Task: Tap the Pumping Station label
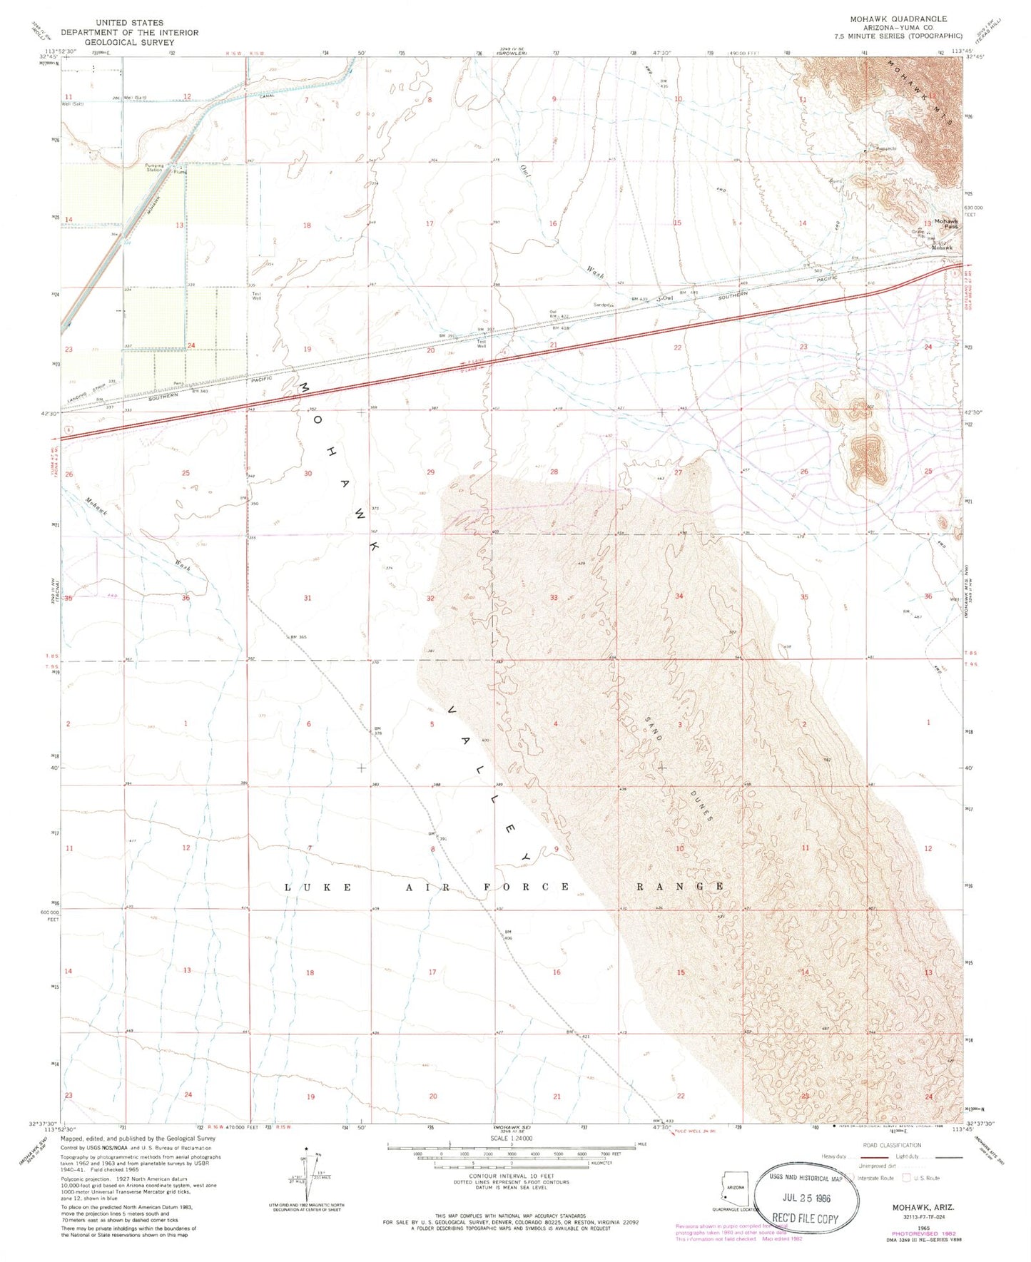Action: click(x=155, y=168)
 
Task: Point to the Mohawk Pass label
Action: click(x=946, y=224)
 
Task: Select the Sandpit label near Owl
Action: click(x=604, y=305)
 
